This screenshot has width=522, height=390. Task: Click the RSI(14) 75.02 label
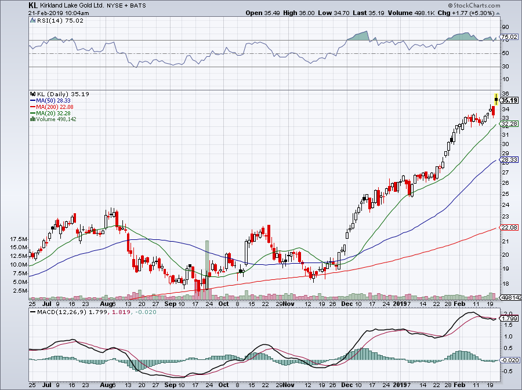pos(48,21)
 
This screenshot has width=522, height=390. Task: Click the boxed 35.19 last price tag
pos(509,100)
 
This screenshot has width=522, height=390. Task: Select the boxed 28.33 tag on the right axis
pos(509,160)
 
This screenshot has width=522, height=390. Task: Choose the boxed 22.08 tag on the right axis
pos(509,228)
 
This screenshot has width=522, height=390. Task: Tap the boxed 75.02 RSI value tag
pos(509,37)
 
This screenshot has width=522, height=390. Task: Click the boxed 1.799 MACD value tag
pos(509,318)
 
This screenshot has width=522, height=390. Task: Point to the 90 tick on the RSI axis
pos(505,27)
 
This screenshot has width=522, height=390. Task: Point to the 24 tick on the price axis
pos(505,205)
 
